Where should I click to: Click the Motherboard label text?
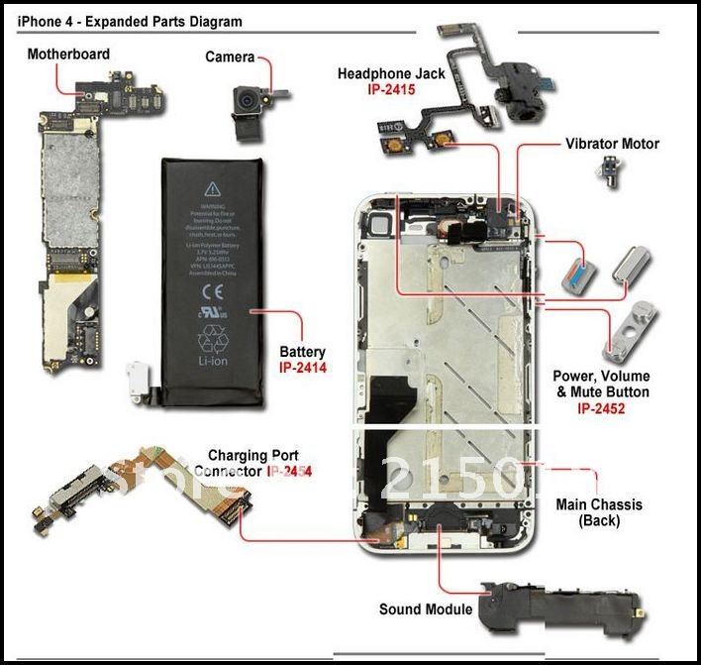[68, 54]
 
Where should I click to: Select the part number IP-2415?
[389, 89]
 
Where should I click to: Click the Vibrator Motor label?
[612, 144]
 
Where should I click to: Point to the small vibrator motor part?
[607, 174]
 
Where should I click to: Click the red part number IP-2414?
[303, 368]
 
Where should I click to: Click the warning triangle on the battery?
[212, 187]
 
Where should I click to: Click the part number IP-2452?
[600, 407]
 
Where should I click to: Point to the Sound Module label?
[426, 610]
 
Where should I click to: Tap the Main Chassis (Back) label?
[599, 512]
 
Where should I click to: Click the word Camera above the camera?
[230, 57]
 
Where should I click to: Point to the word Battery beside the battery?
[302, 352]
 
